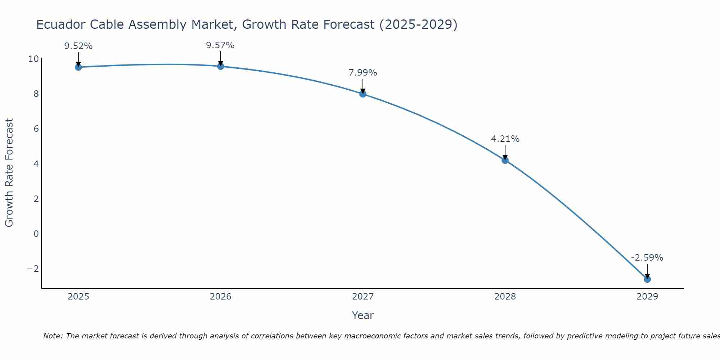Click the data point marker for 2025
click(x=78, y=67)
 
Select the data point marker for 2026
click(x=221, y=66)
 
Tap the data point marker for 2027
click(x=363, y=94)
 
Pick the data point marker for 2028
click(x=505, y=160)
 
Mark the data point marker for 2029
click(x=647, y=279)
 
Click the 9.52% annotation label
click(x=78, y=46)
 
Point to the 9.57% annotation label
click(x=220, y=45)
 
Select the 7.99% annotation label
click(x=363, y=73)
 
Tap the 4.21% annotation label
click(x=505, y=139)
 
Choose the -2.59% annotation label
click(x=647, y=258)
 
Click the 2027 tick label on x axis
click(x=363, y=297)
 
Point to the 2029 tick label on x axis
click(x=647, y=297)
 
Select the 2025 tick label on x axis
click(x=78, y=297)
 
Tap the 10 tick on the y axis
click(x=33, y=59)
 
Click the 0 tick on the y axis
click(x=36, y=234)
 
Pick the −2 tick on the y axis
click(x=33, y=269)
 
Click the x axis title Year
click(x=363, y=315)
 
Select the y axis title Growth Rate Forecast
click(x=9, y=172)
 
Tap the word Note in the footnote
click(x=53, y=336)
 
